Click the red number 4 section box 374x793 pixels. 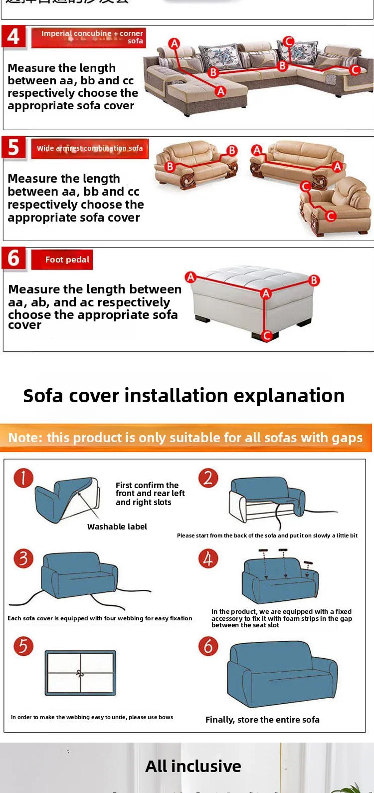(x=13, y=37)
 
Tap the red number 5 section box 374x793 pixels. (x=13, y=148)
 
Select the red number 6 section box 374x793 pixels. (x=13, y=259)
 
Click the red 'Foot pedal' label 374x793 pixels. (x=62, y=260)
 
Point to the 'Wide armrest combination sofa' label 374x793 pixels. (x=90, y=148)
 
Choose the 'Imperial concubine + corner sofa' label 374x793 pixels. (x=89, y=37)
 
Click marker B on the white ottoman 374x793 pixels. (x=314, y=280)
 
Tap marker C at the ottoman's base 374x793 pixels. (x=267, y=335)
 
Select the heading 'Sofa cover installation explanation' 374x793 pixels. (x=184, y=396)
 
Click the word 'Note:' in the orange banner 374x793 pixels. (x=25, y=438)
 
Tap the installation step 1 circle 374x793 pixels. (x=23, y=478)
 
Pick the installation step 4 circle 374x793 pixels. (x=208, y=558)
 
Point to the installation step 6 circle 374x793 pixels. (x=208, y=646)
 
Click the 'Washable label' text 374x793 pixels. (x=117, y=527)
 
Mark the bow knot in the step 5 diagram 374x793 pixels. (x=80, y=673)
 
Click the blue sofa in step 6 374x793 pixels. (x=282, y=674)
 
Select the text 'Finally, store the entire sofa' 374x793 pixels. (x=262, y=720)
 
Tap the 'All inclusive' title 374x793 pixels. (x=193, y=766)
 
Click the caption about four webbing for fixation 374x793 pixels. (x=100, y=618)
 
